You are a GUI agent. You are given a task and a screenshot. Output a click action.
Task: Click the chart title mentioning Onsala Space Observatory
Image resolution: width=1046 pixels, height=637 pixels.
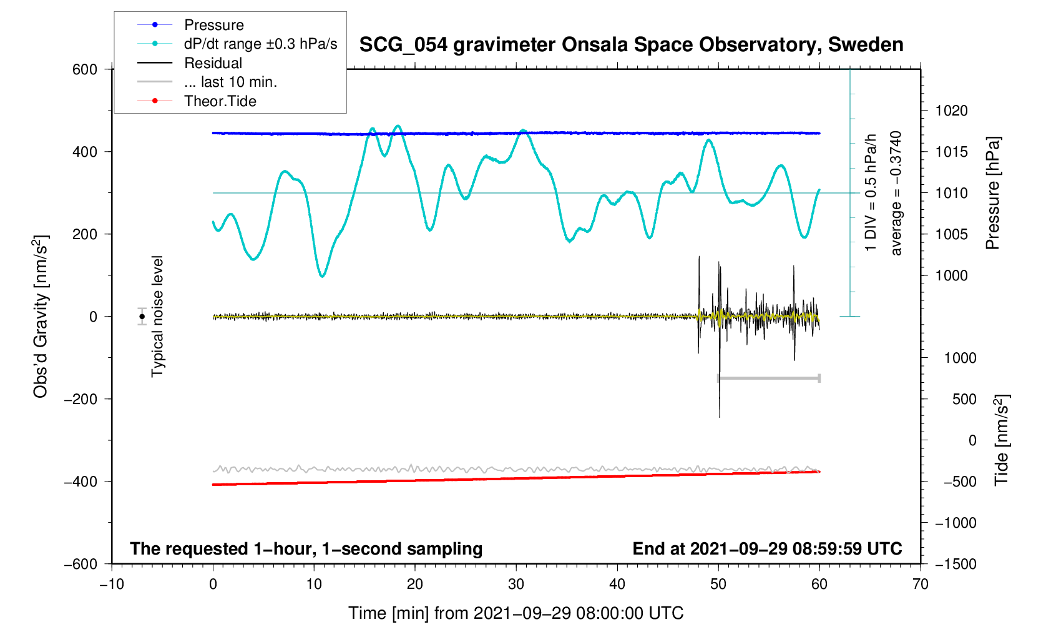pos(631,45)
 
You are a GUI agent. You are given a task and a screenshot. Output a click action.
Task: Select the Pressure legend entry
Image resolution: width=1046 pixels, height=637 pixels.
pos(213,25)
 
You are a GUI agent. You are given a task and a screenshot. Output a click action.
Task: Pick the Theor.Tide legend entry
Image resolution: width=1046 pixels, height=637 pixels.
pos(220,101)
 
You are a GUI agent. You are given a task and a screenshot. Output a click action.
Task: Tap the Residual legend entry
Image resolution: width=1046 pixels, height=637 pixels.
pos(213,63)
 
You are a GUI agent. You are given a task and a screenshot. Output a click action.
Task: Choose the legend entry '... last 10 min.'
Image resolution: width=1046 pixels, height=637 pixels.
pos(230,82)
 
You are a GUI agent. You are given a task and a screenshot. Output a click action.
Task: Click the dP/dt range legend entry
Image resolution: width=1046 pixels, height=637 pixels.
pos(260,44)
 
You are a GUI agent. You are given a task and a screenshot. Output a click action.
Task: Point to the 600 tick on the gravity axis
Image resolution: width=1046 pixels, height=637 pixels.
pos(85,69)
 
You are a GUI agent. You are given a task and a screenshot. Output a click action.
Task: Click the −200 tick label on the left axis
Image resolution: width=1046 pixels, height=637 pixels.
pos(81,399)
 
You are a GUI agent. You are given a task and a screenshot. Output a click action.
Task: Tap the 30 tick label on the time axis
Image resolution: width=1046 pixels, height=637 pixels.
pos(516,584)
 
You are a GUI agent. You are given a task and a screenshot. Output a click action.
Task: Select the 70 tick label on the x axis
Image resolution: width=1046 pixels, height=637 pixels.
pos(920,584)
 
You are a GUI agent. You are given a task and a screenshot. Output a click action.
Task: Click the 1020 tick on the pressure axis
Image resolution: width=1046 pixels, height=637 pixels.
pos(951,111)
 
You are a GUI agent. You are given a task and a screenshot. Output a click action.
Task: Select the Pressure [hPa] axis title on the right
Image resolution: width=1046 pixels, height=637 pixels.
pos(992,193)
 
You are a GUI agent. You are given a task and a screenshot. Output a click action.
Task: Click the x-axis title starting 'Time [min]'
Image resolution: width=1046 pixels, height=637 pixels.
pos(516,613)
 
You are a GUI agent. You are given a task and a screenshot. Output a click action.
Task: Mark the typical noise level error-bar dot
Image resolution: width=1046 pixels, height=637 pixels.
pos(142,317)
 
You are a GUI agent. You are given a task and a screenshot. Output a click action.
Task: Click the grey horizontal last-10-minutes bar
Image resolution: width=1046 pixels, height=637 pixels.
pos(769,378)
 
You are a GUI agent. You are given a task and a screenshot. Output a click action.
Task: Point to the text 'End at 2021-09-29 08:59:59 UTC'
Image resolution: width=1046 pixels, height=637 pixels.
pos(767,549)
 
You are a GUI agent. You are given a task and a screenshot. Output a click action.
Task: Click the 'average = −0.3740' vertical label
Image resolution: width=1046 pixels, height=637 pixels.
pos(896,193)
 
